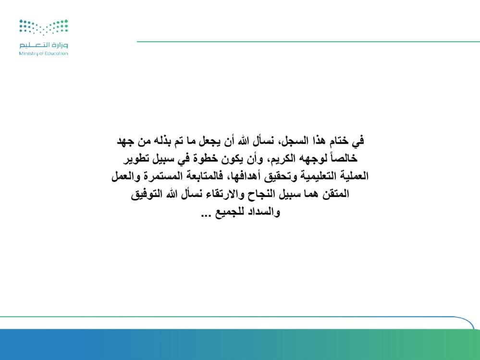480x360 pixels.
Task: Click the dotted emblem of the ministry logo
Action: coord(43,27)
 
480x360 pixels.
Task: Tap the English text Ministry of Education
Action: coord(43,53)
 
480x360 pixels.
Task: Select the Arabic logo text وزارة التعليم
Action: coord(43,45)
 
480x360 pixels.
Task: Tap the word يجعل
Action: coord(210,141)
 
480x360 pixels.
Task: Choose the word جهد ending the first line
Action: coord(126,141)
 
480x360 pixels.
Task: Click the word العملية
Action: coord(354,176)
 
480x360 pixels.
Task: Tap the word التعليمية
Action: coord(317,176)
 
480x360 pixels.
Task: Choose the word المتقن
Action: coord(335,194)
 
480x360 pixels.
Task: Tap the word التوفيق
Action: coord(147,194)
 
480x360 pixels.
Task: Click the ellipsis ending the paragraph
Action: coord(206,215)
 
